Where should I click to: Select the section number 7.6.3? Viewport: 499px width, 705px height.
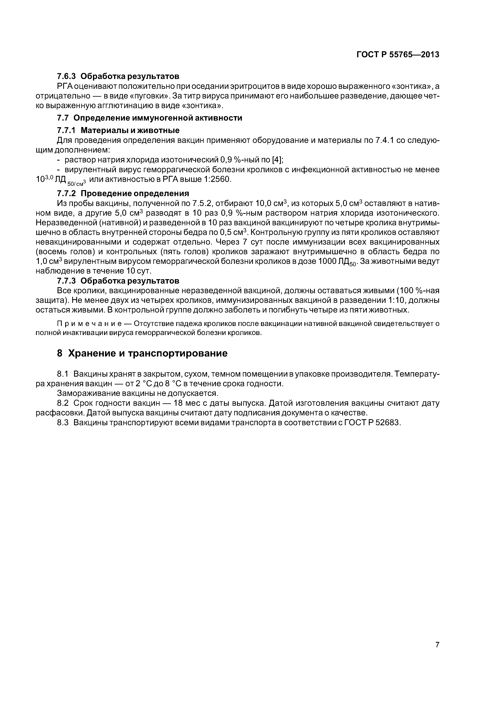tap(66, 76)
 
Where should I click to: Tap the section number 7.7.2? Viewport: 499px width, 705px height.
tap(66, 194)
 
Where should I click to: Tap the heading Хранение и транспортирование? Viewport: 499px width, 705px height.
tap(147, 354)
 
